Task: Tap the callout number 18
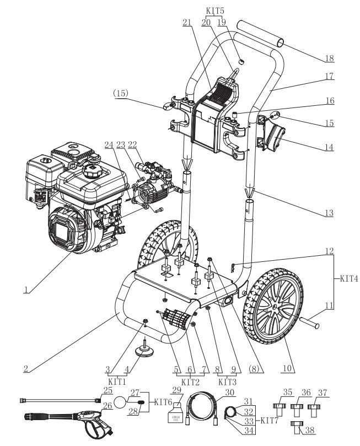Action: [330, 58]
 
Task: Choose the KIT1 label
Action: [116, 380]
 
